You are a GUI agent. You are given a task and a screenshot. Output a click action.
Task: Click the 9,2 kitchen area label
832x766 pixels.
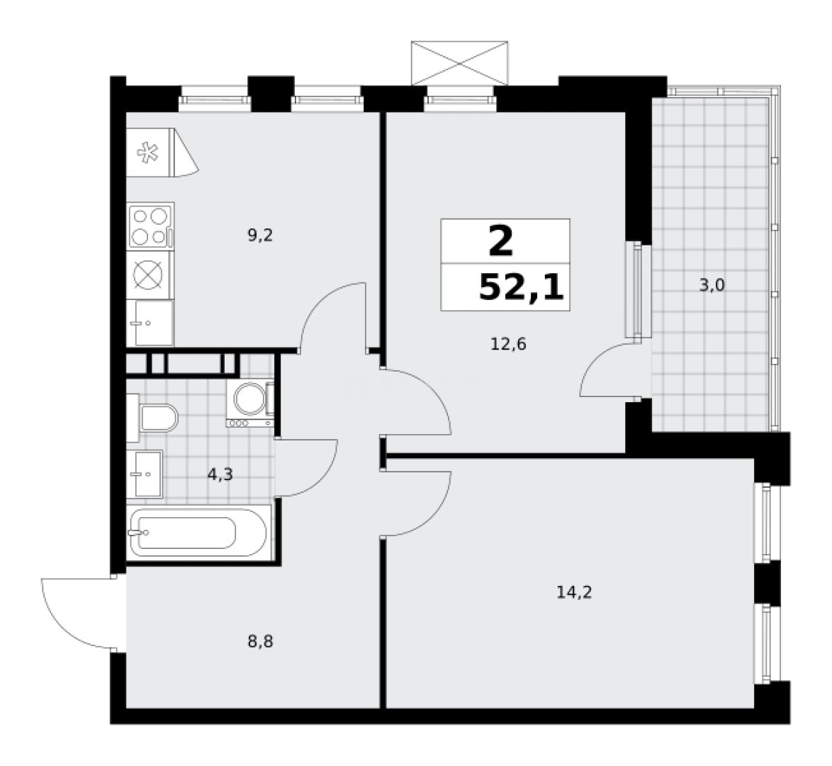coord(260,235)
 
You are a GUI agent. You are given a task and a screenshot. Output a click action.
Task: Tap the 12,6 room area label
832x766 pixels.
coord(508,344)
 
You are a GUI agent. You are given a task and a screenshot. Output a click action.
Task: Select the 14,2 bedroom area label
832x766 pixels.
coord(574,592)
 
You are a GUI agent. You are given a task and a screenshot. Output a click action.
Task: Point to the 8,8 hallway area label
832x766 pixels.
coord(260,642)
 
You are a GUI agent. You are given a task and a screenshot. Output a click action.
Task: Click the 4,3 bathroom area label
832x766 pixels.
coord(220,474)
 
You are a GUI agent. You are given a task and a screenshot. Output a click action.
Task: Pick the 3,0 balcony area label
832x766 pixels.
coord(712,286)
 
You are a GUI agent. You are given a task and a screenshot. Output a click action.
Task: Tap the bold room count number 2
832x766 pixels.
coord(501,240)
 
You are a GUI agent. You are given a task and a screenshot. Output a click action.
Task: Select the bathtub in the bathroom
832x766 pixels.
coord(199,532)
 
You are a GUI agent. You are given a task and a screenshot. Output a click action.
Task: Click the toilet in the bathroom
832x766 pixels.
coord(153,418)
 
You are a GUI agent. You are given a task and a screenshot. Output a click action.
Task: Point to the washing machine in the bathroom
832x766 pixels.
coord(250,403)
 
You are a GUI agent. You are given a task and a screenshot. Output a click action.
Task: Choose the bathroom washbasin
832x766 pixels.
coord(145,474)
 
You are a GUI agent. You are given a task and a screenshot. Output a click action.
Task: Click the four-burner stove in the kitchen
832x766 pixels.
coord(151,226)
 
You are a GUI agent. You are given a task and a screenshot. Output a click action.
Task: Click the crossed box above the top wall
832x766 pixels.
coord(459,63)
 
